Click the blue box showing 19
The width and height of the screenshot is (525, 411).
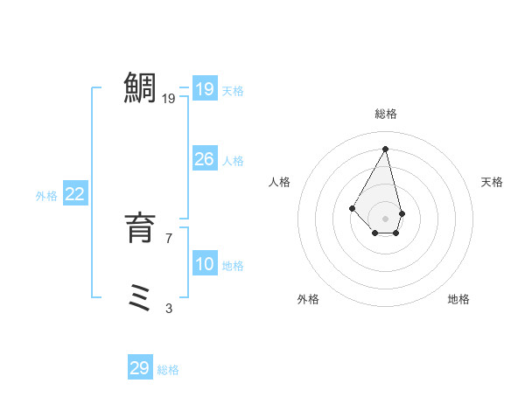(204, 89)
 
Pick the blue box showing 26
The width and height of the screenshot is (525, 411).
(204, 159)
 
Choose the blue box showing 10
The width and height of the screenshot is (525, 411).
(204, 264)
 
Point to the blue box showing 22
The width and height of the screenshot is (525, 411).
(74, 194)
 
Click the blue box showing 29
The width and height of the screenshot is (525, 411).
(140, 368)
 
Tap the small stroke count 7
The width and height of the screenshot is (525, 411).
(169, 238)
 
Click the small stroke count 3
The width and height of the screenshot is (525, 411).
(169, 308)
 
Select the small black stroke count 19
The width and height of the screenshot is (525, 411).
(169, 99)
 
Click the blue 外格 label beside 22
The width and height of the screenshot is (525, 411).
(46, 196)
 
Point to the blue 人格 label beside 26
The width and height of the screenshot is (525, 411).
(233, 161)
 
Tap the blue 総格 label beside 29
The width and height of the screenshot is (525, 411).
(168, 370)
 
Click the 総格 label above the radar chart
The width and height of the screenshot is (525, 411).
(386, 114)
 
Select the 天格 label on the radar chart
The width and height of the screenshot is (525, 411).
(493, 182)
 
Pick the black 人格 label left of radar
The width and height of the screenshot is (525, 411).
(280, 182)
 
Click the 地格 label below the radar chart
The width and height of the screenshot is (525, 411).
(458, 299)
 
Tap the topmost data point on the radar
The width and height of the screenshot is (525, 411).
(386, 149)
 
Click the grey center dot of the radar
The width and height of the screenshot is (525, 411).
(386, 218)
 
